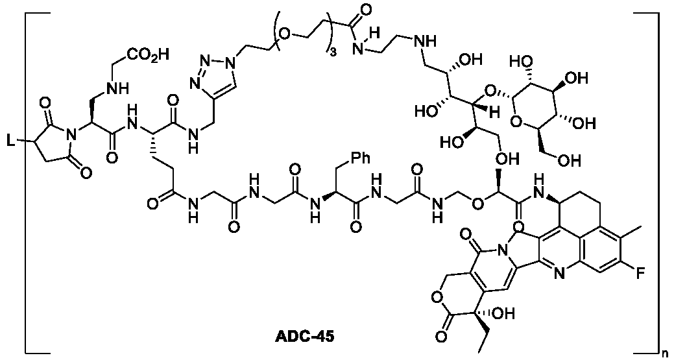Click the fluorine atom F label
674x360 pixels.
(x=640, y=274)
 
